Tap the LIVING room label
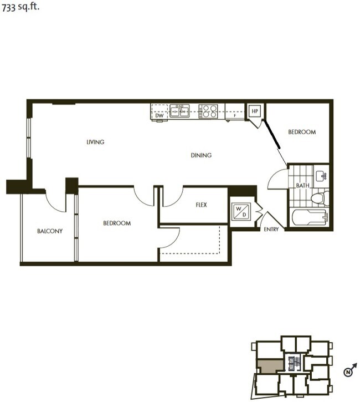[x=95, y=143]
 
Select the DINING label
[x=201, y=156]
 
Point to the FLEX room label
[x=201, y=205]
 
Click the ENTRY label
[x=271, y=229]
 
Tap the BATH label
[x=302, y=186]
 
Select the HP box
[x=255, y=111]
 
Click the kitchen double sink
[x=179, y=111]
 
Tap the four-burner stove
[x=208, y=111]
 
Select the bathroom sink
[x=321, y=176]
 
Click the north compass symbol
[x=348, y=372]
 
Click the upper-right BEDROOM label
[x=302, y=132]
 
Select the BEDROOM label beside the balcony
[x=117, y=223]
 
